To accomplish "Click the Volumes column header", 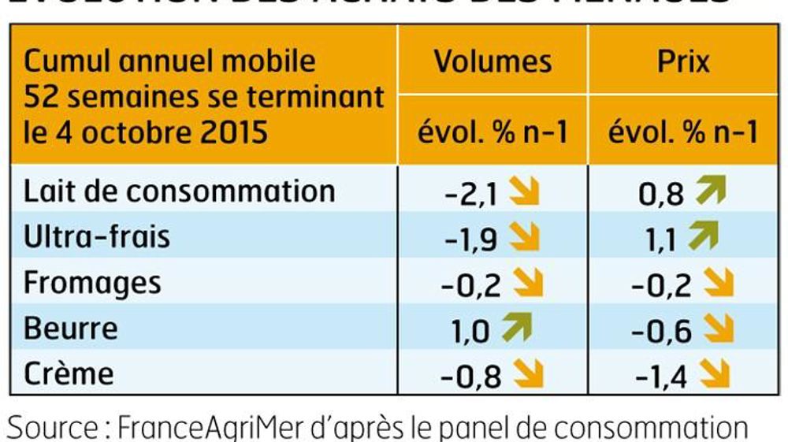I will [x=493, y=62].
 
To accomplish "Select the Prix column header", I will [x=684, y=62].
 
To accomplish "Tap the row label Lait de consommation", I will [x=180, y=191].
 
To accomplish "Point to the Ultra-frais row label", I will [x=97, y=237].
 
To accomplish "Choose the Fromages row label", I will [x=92, y=282].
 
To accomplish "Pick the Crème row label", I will [x=69, y=373].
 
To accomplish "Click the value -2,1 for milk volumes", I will [x=472, y=194].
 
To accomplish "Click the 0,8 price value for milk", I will [x=663, y=194].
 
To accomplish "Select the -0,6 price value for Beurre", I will [x=663, y=330].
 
